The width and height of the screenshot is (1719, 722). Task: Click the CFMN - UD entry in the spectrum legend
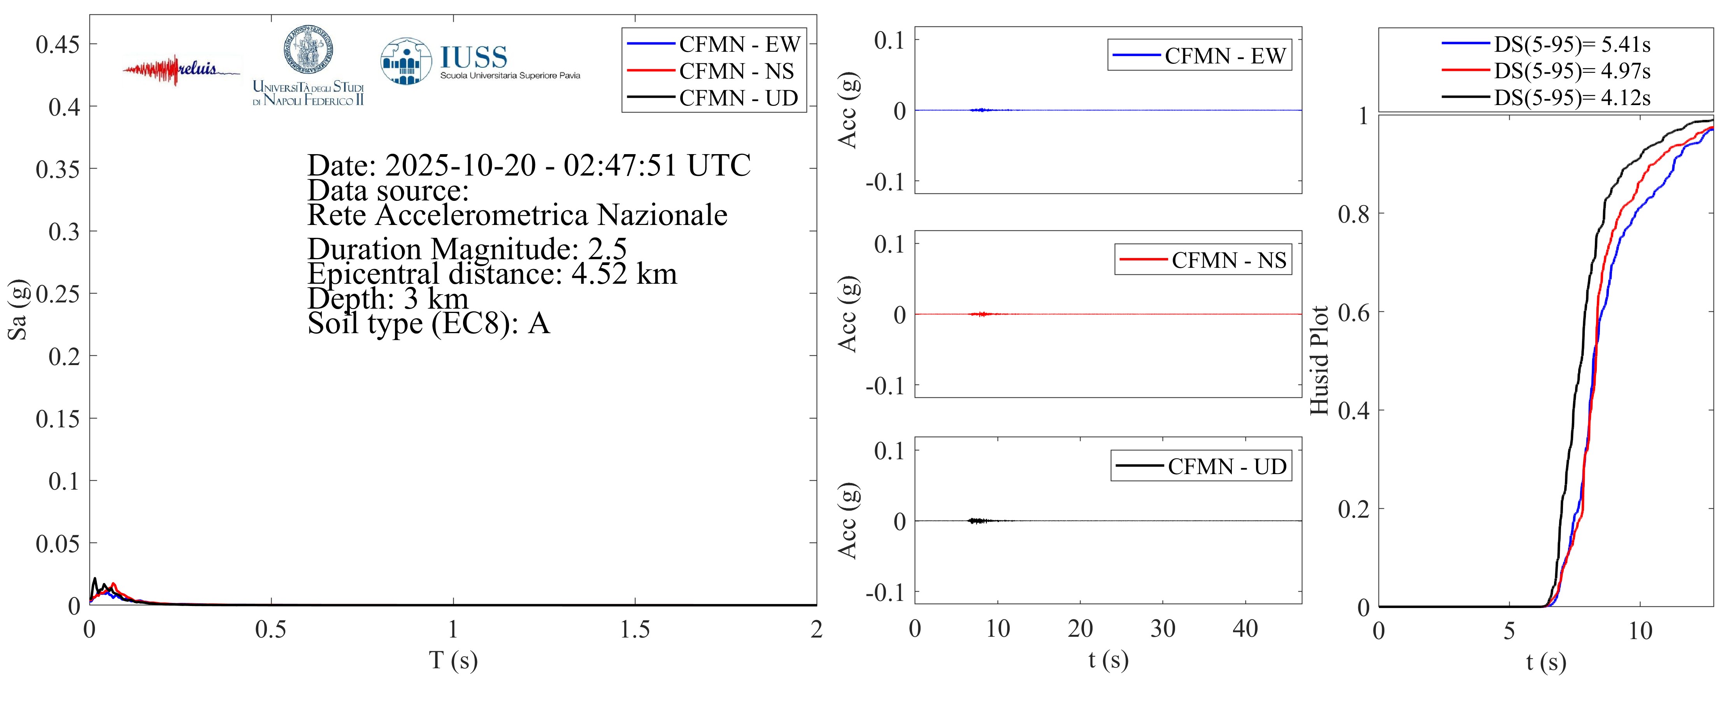(x=738, y=98)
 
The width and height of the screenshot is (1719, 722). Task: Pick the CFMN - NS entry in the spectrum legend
(x=736, y=71)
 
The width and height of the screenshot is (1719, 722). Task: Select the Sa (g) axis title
(x=18, y=309)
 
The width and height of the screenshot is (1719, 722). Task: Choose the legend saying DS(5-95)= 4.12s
(x=1572, y=98)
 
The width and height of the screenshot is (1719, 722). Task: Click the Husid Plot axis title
(x=1319, y=360)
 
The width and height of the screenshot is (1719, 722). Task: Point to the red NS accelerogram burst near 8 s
(x=980, y=314)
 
